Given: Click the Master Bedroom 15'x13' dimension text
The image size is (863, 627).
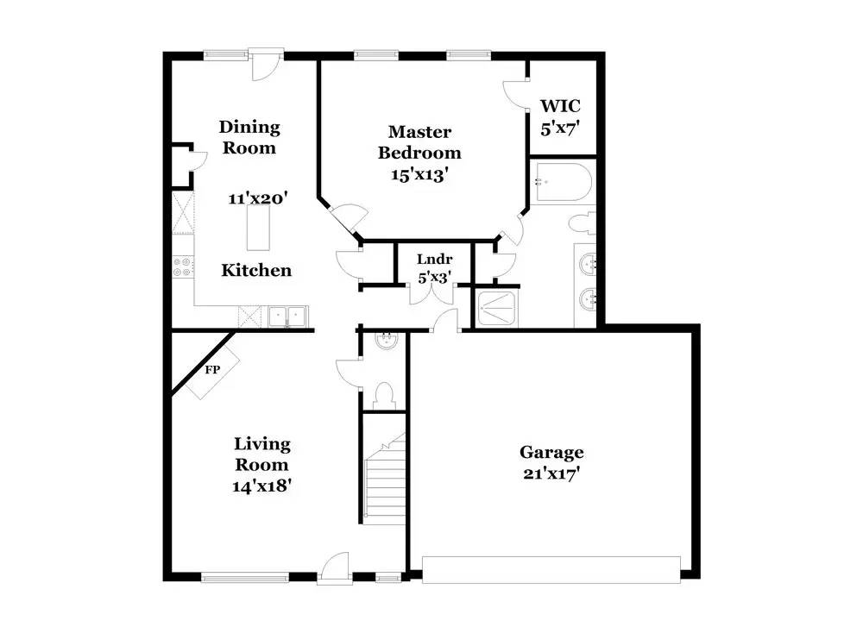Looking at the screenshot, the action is click(419, 175).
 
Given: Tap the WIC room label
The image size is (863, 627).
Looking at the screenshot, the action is click(560, 105).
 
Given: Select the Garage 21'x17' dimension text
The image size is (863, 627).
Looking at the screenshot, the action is click(552, 473).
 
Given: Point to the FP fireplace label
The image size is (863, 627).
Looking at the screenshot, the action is click(212, 370).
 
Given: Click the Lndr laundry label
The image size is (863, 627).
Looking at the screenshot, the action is click(434, 259).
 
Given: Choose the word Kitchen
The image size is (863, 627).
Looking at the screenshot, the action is click(256, 270).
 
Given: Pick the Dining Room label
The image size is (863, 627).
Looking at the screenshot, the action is click(249, 137).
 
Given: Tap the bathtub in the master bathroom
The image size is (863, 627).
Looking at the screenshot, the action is click(562, 181).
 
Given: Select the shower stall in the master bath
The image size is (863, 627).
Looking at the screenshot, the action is click(496, 309).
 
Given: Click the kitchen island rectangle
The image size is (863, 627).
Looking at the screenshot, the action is click(259, 229).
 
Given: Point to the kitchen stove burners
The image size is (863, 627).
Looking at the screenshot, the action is click(183, 266).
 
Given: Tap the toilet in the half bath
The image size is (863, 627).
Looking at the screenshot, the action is click(384, 396).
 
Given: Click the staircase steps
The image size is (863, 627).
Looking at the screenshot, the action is click(385, 478).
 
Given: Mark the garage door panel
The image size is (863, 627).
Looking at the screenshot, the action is click(551, 570).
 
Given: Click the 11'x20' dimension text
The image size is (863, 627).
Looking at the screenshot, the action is click(258, 198).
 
